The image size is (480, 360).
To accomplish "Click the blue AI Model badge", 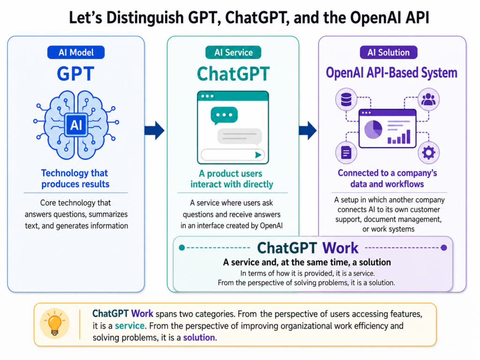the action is (x=76, y=52).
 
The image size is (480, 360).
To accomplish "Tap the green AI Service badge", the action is (x=233, y=52).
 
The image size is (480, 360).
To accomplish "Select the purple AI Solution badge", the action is (x=389, y=52).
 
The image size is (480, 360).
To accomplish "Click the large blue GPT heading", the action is (x=75, y=74).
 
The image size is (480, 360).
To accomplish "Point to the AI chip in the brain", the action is (x=76, y=125).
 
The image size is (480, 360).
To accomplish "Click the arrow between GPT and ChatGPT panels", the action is (x=155, y=130).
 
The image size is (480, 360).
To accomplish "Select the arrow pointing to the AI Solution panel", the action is (x=307, y=130).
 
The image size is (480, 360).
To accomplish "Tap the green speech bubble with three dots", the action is (x=224, y=115).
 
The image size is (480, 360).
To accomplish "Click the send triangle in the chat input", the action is (x=258, y=155).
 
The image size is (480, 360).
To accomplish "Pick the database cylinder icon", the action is (x=346, y=99).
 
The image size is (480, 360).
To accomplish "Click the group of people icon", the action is (x=428, y=99).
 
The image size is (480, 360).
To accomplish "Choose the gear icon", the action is (x=428, y=152).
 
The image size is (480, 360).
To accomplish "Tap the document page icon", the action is (x=346, y=152).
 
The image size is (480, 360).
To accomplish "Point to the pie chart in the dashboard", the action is (x=373, y=129).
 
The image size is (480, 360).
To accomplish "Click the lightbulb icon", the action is (x=55, y=323).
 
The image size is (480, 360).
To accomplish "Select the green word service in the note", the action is (x=130, y=326).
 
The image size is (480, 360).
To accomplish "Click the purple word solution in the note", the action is (x=199, y=337).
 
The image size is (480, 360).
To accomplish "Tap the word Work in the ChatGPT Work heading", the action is (x=340, y=248).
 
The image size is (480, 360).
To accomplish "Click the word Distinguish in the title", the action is (x=145, y=17).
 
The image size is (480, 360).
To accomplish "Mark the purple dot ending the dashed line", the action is (x=444, y=247).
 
